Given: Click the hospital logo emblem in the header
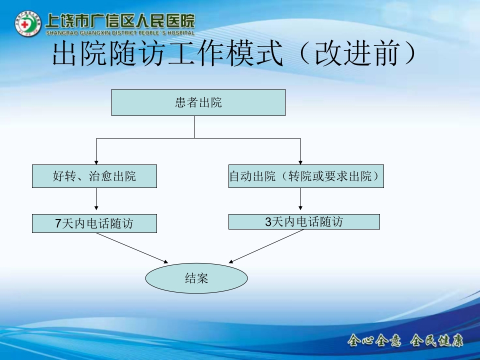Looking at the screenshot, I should (28, 24).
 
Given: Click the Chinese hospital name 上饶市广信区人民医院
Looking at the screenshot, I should (119, 20).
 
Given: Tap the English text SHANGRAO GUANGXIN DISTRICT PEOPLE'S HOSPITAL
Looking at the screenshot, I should (119, 33).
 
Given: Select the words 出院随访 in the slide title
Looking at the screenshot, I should (107, 54).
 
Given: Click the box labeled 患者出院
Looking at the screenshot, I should (198, 102).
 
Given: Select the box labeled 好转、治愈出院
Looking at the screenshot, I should (94, 176).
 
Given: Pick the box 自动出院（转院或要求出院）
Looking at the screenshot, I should (306, 176).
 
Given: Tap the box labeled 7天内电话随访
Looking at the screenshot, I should (94, 223).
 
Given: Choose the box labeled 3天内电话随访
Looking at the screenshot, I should (304, 221).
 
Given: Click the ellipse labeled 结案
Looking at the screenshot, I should (196, 278).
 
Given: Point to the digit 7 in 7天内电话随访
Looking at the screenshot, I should (58, 223).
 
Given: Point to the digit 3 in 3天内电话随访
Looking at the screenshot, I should (268, 221).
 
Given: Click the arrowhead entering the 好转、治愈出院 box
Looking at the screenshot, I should (96, 162).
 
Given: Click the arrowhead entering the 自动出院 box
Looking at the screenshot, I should (300, 162).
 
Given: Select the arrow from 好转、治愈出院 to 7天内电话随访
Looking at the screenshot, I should (96, 200).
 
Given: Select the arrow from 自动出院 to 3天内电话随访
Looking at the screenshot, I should (300, 200).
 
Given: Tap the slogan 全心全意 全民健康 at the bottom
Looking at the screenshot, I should (405, 341).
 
